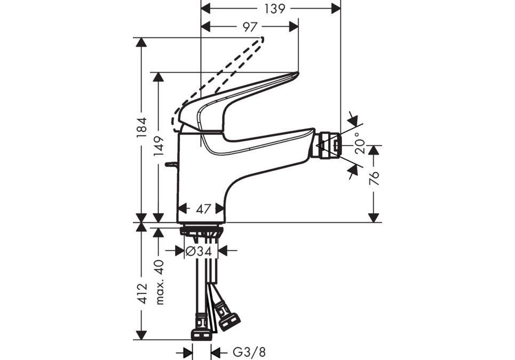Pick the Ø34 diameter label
[198, 250]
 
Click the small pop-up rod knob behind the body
[170, 165]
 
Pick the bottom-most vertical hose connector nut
[201, 334]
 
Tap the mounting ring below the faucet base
[201, 230]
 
